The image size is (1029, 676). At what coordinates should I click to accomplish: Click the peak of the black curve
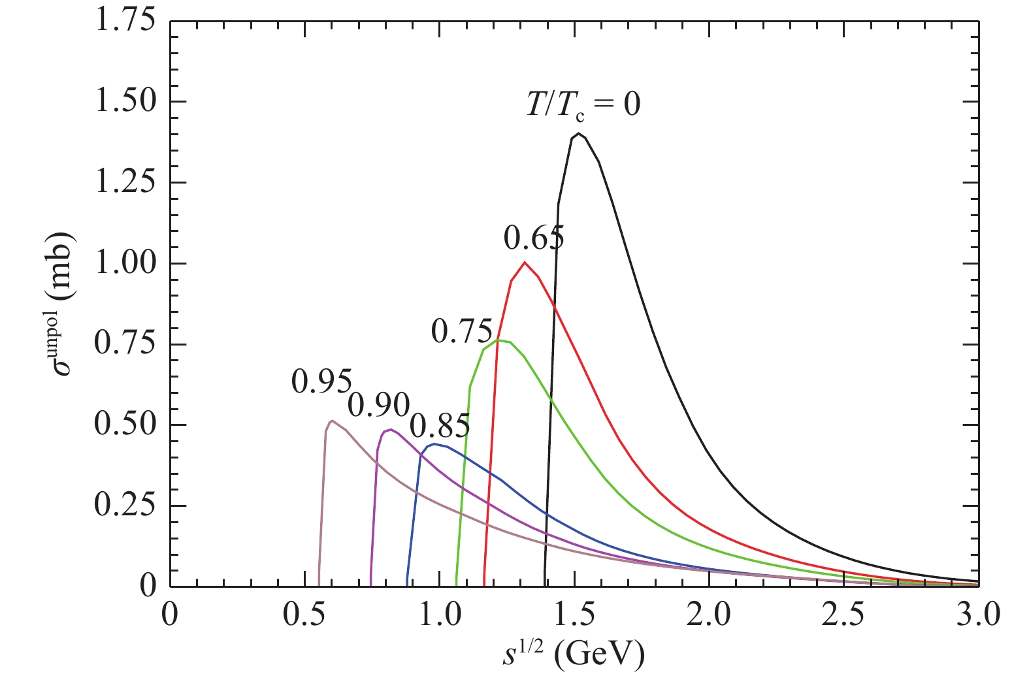[578, 134]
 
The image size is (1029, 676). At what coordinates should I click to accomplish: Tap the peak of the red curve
[525, 263]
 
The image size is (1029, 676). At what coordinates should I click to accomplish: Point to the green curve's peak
[498, 340]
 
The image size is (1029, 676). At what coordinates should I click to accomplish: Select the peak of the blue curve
[434, 444]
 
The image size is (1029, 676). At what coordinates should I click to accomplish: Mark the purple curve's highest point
[391, 430]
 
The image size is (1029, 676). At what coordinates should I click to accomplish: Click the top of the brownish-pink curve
[332, 421]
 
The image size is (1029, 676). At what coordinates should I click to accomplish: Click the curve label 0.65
[534, 239]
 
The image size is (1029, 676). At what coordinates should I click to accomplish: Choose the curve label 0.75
[461, 332]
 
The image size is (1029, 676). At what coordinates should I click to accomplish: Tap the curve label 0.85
[440, 427]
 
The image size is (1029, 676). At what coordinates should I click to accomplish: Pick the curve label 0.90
[378, 405]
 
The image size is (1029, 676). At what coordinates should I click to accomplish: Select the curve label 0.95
[322, 382]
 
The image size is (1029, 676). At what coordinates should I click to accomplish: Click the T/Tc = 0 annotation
[583, 104]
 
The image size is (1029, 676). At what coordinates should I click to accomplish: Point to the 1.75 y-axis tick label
[125, 22]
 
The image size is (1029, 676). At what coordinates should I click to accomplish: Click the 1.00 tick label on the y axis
[125, 263]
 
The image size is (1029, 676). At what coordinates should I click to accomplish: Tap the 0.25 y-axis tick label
[125, 506]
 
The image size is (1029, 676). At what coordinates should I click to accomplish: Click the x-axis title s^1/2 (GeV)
[573, 655]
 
